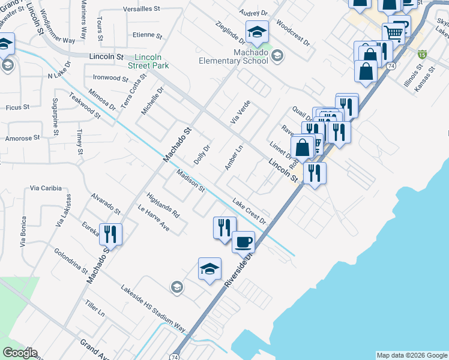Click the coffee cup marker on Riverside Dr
[x=243, y=242]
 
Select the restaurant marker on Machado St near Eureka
[x=110, y=234]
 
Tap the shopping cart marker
[x=393, y=32]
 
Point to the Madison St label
[x=191, y=181]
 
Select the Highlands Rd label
[x=163, y=205]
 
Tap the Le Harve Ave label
[x=154, y=219]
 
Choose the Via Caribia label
[x=46, y=188]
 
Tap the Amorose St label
[x=22, y=138]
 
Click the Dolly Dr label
[x=202, y=155]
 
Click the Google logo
[x=19, y=353]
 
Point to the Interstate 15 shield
[x=423, y=54]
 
